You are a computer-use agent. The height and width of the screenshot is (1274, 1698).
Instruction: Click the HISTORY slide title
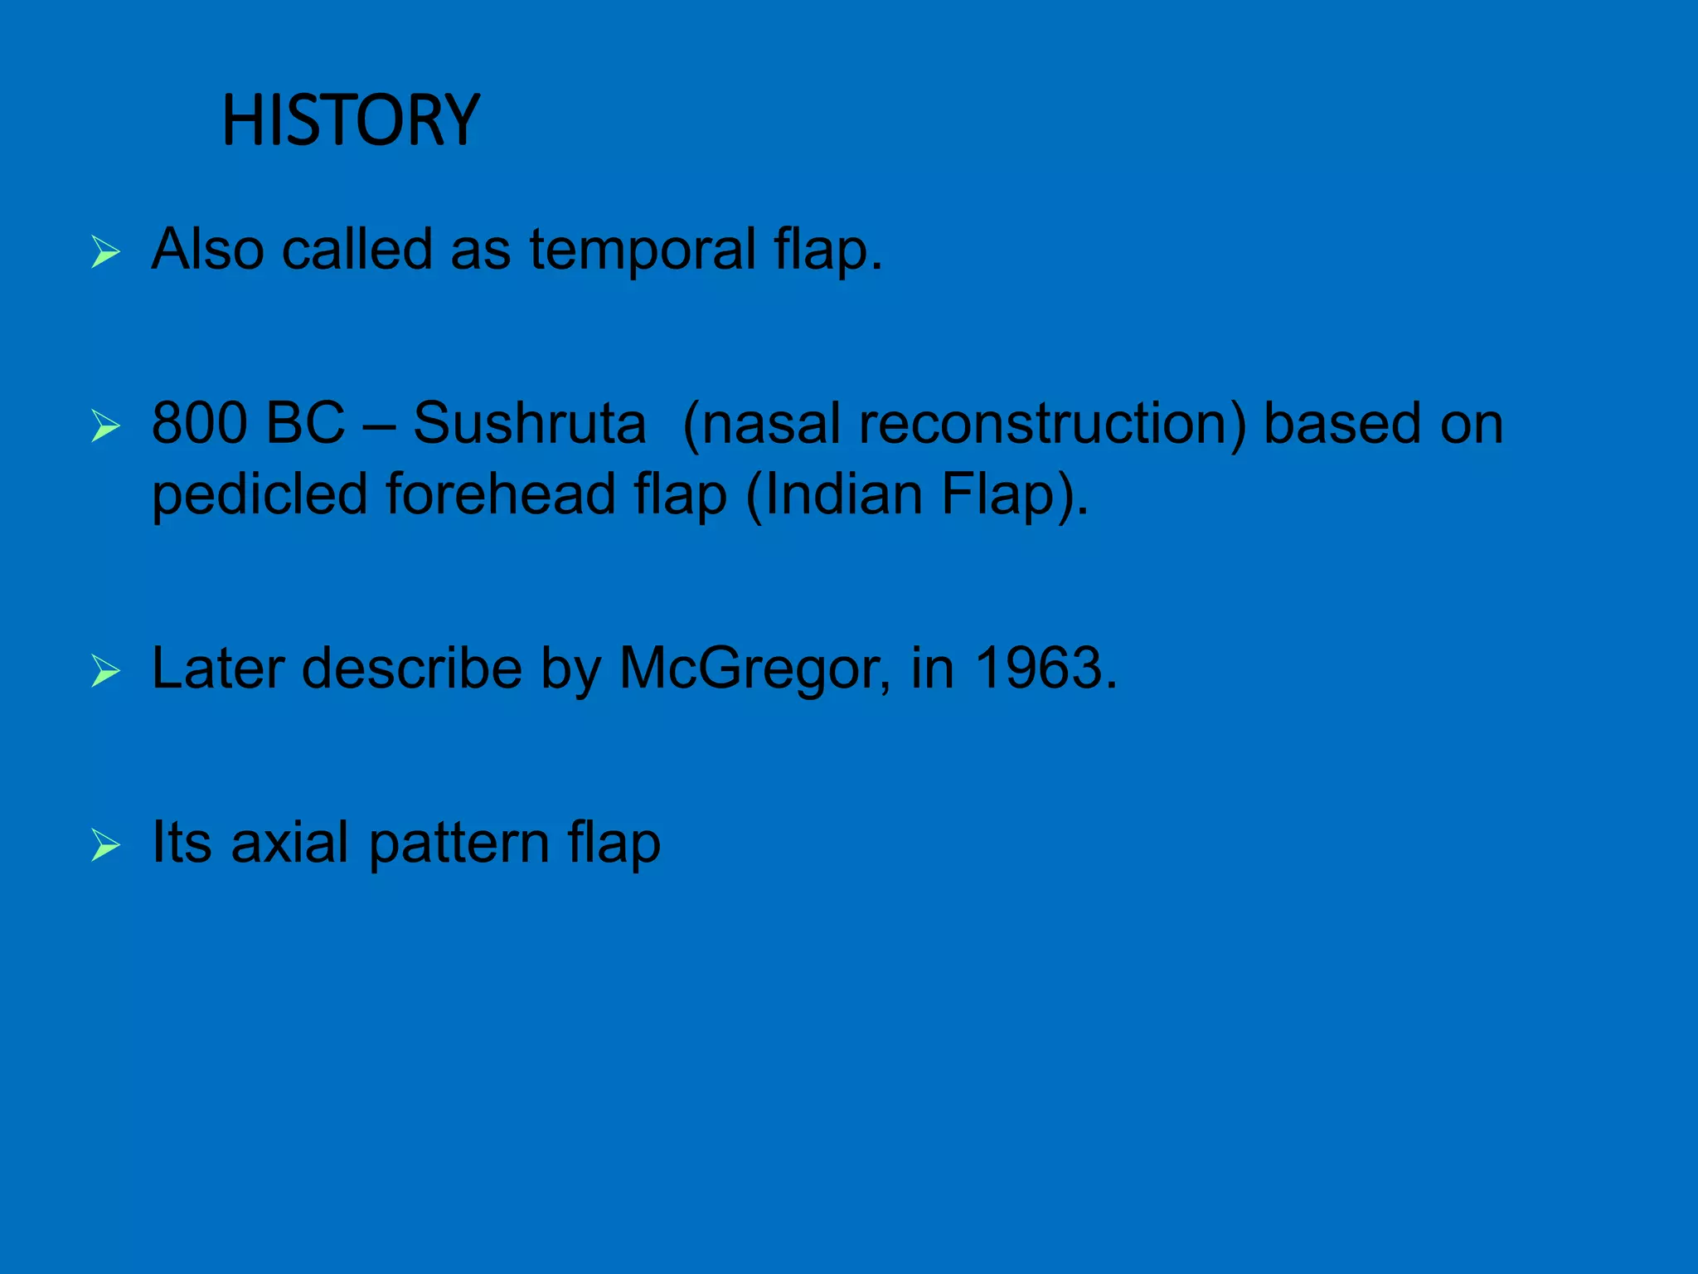pyautogui.click(x=351, y=121)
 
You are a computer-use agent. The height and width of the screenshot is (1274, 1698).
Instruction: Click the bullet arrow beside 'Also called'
pyautogui.click(x=105, y=251)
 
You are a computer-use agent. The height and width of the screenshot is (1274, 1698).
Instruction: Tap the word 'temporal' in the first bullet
pyautogui.click(x=643, y=249)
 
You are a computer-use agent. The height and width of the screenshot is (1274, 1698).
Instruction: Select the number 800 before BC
pyautogui.click(x=200, y=423)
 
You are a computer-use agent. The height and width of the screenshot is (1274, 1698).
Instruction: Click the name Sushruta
pyautogui.click(x=529, y=423)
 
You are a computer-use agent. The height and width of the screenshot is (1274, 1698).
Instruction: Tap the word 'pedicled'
pyautogui.click(x=260, y=495)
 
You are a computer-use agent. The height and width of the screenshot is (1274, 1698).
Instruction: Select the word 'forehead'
pyautogui.click(x=500, y=494)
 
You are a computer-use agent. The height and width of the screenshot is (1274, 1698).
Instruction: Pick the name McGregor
pyautogui.click(x=751, y=669)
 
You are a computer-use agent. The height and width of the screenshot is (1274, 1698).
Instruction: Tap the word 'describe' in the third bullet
pyautogui.click(x=411, y=668)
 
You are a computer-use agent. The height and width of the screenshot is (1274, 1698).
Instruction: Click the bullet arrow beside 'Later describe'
pyautogui.click(x=105, y=670)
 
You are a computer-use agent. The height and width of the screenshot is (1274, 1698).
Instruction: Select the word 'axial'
pyautogui.click(x=289, y=843)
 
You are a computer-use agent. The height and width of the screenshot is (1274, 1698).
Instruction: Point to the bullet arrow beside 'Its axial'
pyautogui.click(x=105, y=845)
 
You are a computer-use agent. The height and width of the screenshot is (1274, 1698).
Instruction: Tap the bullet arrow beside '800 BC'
pyautogui.click(x=105, y=425)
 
